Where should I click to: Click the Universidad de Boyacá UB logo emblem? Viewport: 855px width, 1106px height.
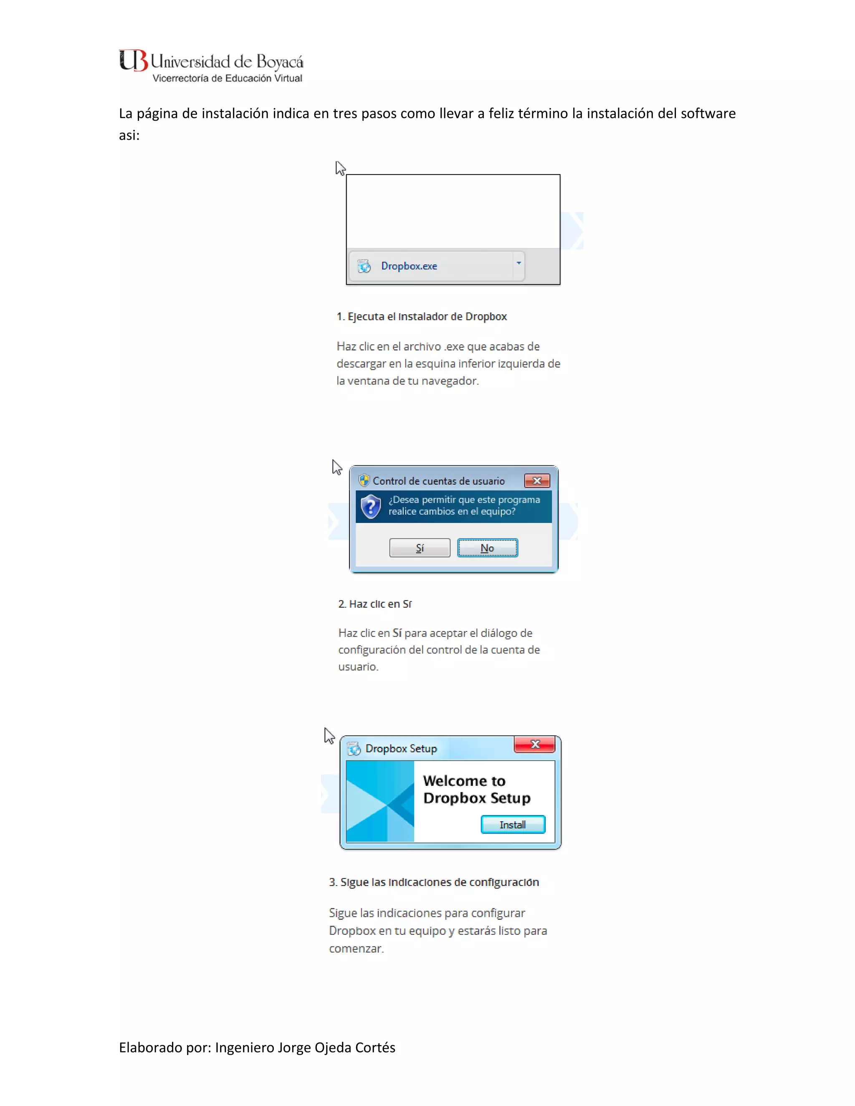133,61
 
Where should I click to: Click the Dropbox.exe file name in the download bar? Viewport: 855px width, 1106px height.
409,266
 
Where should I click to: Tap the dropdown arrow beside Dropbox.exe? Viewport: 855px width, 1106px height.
519,263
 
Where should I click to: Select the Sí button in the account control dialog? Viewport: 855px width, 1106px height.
420,548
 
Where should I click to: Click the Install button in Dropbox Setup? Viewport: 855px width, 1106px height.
513,824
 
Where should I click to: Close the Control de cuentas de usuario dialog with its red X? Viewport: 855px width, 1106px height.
537,480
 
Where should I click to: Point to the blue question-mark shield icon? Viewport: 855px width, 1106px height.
371,506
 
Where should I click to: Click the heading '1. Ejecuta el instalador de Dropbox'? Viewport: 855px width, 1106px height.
421,316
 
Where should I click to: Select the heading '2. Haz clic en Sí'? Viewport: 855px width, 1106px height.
375,604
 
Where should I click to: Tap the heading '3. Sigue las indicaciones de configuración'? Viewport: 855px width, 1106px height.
434,882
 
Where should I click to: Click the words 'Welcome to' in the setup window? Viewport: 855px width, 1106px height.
464,780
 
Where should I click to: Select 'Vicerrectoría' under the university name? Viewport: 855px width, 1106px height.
180,78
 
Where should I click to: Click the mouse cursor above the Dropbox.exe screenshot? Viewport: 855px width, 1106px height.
340,168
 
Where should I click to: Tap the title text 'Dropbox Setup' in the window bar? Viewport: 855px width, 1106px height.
401,748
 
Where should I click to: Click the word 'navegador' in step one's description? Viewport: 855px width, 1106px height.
449,381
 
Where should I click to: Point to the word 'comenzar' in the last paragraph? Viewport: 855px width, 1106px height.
356,949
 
